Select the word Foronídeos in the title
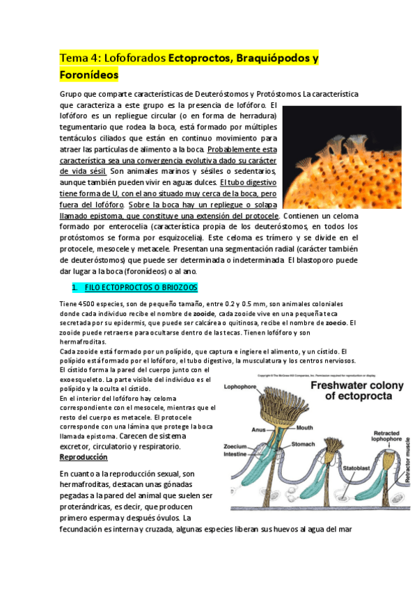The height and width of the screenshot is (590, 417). [x=88, y=74]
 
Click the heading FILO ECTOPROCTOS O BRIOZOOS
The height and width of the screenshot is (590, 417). [x=140, y=287]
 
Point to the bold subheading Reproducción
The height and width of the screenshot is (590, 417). [x=84, y=457]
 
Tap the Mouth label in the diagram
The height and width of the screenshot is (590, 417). [x=304, y=428]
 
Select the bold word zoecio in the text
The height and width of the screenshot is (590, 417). [x=336, y=323]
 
